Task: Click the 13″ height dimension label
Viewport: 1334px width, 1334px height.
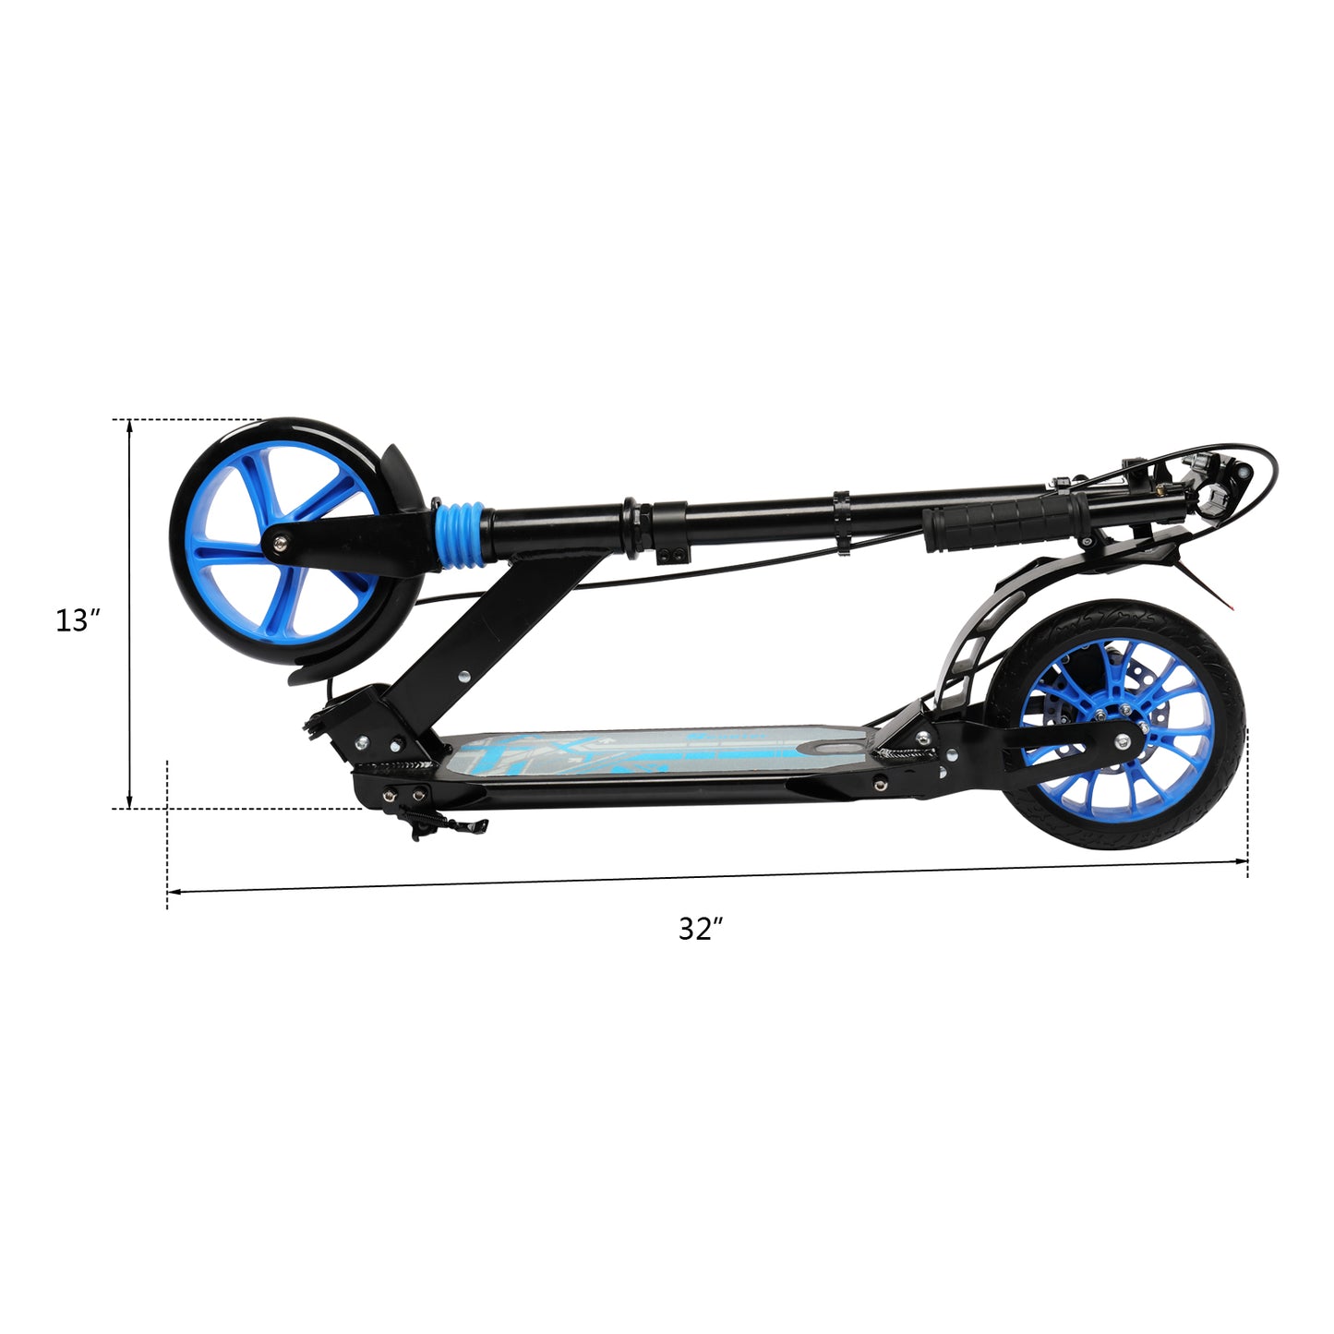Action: (x=78, y=620)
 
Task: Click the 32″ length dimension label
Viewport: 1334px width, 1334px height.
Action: (x=701, y=929)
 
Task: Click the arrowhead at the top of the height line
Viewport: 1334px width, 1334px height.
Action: (x=129, y=426)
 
